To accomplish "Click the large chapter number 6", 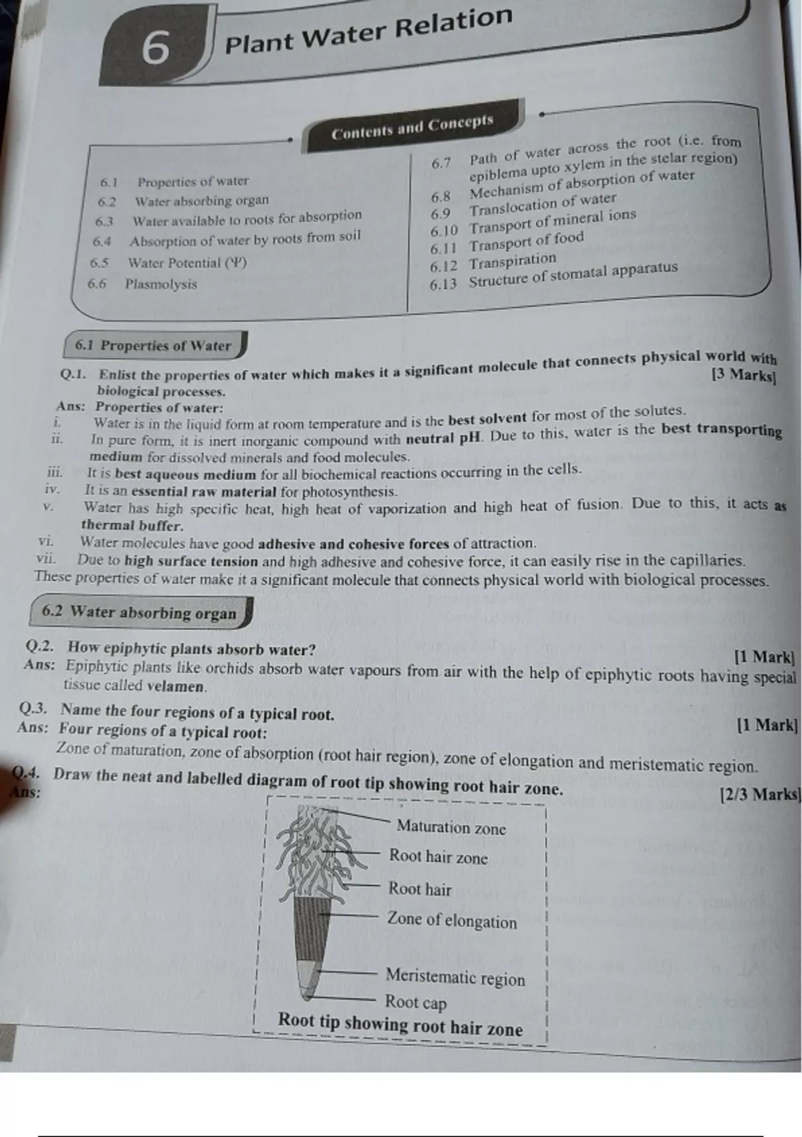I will [x=155, y=48].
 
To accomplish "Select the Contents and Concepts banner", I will [x=412, y=126].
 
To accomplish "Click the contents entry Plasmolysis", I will [x=161, y=284].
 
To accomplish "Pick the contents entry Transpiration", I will [x=512, y=261].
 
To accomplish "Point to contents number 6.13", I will [x=443, y=284].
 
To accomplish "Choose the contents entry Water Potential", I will [x=187, y=263].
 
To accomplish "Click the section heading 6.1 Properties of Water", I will [x=153, y=346].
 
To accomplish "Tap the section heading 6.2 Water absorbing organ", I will [x=139, y=612].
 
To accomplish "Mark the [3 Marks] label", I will [x=744, y=375].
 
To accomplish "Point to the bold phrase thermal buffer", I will [x=132, y=526].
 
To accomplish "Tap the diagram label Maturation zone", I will [x=451, y=827].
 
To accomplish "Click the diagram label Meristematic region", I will [x=455, y=977].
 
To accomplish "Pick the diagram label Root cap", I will [x=416, y=1002].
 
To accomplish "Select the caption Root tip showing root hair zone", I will [x=400, y=1025].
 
